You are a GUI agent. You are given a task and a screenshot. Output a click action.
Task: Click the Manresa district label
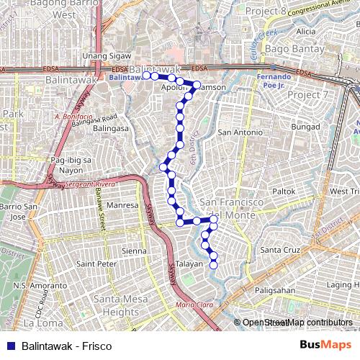click(x=122, y=205)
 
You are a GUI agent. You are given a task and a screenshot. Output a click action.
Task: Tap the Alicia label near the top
click(x=305, y=32)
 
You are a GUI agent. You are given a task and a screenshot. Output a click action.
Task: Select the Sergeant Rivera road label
click(x=90, y=185)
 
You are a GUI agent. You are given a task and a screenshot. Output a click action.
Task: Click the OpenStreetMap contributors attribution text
click(x=297, y=323)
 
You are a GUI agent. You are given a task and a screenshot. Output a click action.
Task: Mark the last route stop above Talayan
click(x=214, y=265)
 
